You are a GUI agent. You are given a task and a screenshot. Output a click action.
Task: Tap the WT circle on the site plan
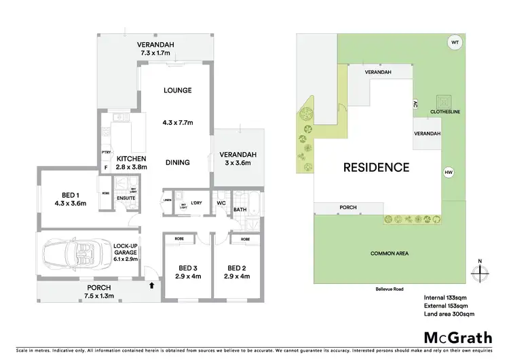454,43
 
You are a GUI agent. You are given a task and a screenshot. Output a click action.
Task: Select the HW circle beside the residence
448,172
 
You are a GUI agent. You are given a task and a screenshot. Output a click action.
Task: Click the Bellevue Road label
390,289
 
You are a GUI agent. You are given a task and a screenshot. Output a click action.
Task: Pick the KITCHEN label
131,159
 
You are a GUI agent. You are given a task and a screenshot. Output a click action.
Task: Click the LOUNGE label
177,90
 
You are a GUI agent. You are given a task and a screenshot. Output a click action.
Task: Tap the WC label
221,202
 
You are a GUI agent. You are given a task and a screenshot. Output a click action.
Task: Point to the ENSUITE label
126,198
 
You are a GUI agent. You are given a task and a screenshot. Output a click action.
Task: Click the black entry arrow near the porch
150,286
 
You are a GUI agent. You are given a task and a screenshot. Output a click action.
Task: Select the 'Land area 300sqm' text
449,313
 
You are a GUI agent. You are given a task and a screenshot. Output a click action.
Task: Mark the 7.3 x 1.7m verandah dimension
157,54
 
